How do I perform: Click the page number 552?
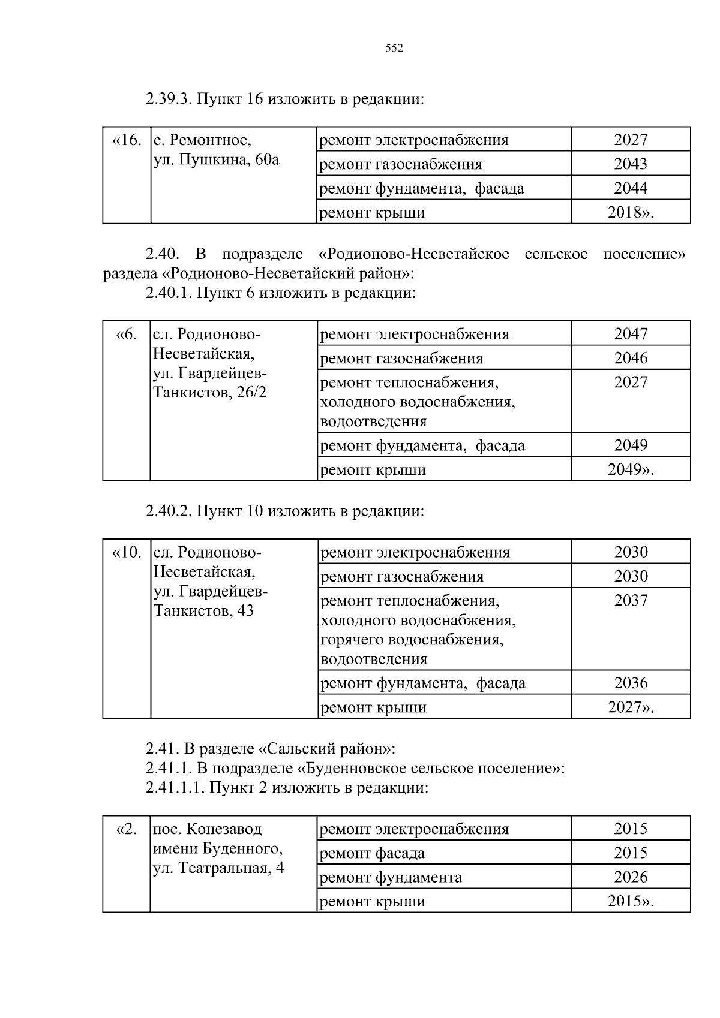tap(394, 49)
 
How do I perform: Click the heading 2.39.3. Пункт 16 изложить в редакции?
tap(284, 98)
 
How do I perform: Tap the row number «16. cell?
tap(127, 140)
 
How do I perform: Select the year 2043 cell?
tap(630, 164)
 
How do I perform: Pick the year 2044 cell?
tap(630, 188)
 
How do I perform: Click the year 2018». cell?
tap(630, 212)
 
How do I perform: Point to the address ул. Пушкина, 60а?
tap(216, 160)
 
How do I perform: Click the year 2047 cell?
tap(630, 334)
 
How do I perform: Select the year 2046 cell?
tap(630, 358)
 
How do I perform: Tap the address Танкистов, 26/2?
tap(210, 393)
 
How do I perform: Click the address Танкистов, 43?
tap(203, 611)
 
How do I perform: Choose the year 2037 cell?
tap(630, 601)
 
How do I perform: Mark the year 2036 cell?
tap(630, 683)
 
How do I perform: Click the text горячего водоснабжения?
tap(412, 640)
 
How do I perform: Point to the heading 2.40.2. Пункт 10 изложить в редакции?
tap(284, 511)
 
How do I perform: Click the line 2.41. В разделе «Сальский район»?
tap(270, 749)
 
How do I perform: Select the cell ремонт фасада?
tap(373, 853)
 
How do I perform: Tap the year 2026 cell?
tap(630, 877)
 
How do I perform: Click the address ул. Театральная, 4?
tap(218, 868)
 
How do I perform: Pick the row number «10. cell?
tap(127, 552)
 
